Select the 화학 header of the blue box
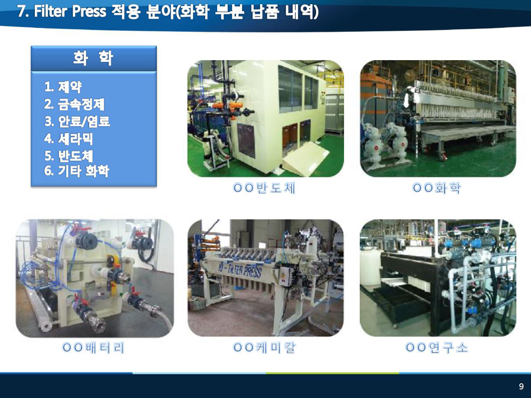click(x=93, y=58)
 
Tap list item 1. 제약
click(x=63, y=87)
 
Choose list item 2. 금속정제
click(x=74, y=104)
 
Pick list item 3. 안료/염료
click(x=77, y=121)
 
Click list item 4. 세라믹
click(x=68, y=139)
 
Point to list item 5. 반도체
click(x=68, y=156)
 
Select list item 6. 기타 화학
click(x=77, y=170)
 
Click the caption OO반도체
click(x=264, y=188)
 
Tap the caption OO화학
click(x=436, y=188)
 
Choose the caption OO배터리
click(x=93, y=347)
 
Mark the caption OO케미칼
click(x=264, y=347)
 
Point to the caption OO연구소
click(x=437, y=347)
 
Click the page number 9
click(x=521, y=386)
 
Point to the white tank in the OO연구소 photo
click(x=371, y=267)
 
